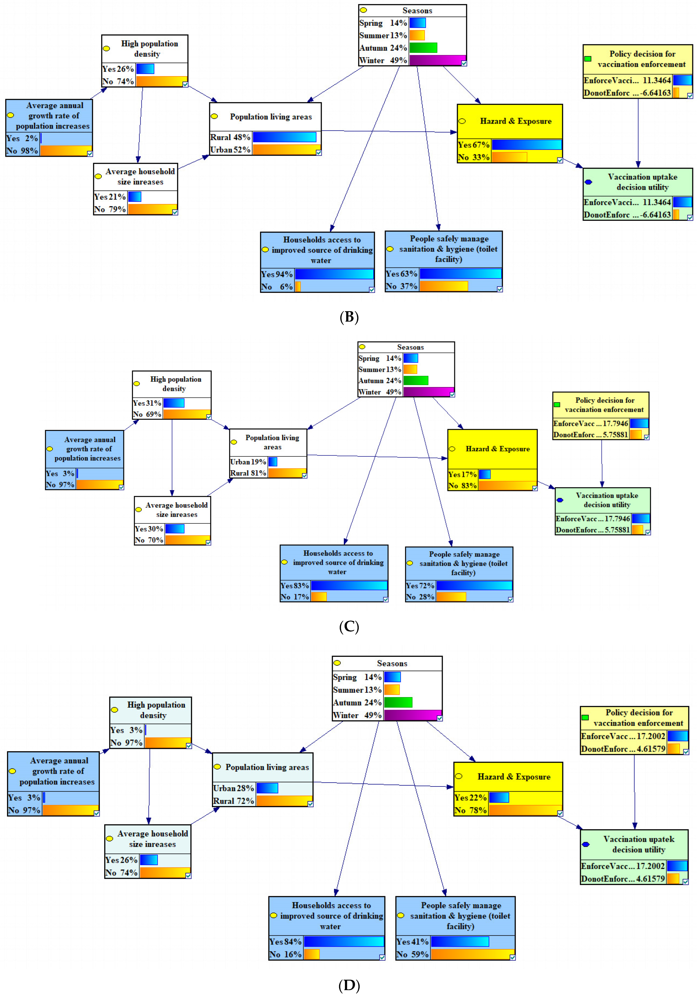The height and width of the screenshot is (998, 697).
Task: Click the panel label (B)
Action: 349,317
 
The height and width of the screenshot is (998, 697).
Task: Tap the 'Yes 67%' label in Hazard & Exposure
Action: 474,145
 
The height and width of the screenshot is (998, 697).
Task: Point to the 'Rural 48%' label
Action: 230,137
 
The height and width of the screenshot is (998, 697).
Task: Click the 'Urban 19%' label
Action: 248,462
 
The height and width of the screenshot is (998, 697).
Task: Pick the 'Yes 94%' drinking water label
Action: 277,274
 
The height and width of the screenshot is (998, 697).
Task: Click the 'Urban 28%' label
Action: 233,788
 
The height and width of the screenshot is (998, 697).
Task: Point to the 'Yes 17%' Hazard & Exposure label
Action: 462,474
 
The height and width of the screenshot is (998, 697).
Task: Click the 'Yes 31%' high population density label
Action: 147,403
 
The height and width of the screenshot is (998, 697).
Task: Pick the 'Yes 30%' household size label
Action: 149,529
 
